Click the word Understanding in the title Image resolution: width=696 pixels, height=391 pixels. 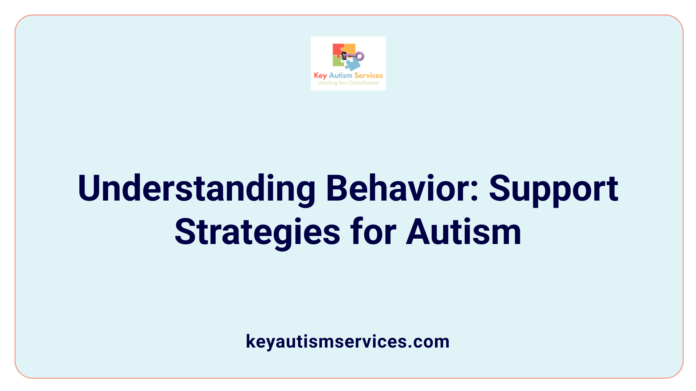pos(196,188)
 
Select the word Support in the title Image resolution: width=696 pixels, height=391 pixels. pos(554,188)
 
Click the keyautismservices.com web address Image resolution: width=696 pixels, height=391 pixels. pos(348,341)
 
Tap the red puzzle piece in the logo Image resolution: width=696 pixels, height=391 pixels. pos(337,49)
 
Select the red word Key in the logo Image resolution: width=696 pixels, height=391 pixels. pos(320,76)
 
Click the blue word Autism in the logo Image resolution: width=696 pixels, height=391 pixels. pos(340,75)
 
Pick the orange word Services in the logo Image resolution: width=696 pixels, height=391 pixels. pos(368,75)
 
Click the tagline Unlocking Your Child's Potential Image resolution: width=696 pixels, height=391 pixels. pos(348,83)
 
